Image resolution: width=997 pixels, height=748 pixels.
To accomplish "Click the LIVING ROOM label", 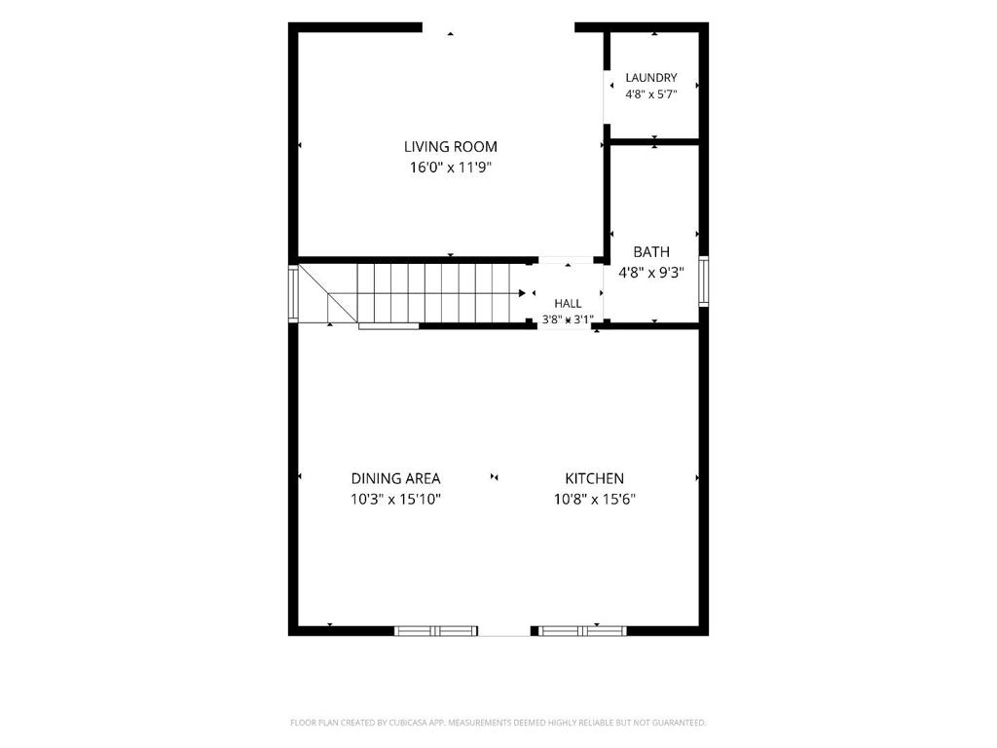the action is click(x=450, y=147).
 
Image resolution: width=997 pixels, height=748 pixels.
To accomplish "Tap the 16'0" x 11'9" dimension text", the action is click(x=450, y=168).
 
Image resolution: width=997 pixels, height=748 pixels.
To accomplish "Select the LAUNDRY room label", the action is click(x=651, y=78).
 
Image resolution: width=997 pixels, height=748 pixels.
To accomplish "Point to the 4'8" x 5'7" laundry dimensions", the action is click(x=651, y=94).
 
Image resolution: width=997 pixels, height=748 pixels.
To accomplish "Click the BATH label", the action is click(x=651, y=252).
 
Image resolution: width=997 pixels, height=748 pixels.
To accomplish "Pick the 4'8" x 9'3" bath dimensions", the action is click(x=651, y=273).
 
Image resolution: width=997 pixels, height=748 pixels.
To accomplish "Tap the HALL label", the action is click(x=568, y=304).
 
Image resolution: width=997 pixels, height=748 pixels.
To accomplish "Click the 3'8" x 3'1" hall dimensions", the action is click(x=568, y=319).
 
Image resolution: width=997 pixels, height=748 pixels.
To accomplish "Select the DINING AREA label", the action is click(x=395, y=478).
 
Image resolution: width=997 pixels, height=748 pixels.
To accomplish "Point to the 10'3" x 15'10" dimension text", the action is click(x=395, y=500).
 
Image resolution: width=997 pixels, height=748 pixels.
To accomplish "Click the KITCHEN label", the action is click(x=595, y=478).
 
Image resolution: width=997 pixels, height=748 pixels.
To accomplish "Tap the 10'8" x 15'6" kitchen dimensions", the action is click(x=595, y=500).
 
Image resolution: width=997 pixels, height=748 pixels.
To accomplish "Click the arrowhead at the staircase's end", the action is click(x=522, y=293).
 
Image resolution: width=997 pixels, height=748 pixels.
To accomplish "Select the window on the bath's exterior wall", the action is click(x=704, y=281).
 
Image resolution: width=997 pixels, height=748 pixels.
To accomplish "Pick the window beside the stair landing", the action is click(x=293, y=293).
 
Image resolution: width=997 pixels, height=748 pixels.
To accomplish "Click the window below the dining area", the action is click(x=435, y=631).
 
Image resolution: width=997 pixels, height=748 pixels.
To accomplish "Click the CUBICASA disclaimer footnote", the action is click(x=498, y=723).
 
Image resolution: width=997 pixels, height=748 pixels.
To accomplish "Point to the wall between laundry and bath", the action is click(x=655, y=142).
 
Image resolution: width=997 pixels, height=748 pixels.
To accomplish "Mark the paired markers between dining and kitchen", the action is click(x=494, y=477).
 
